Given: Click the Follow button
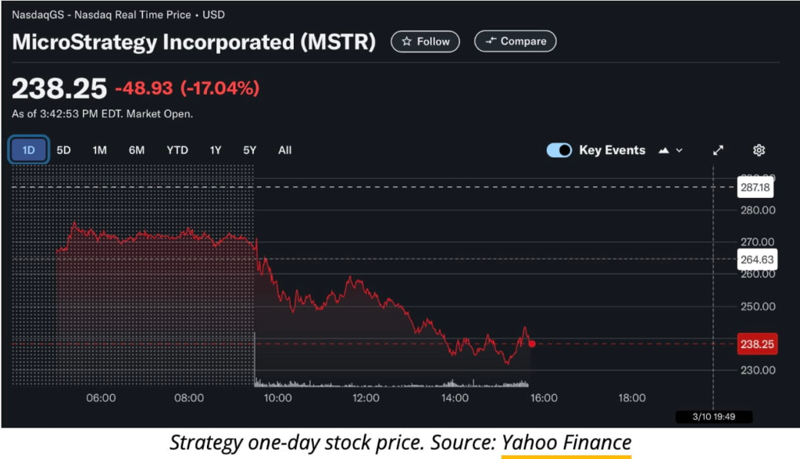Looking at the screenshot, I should pyautogui.click(x=425, y=41).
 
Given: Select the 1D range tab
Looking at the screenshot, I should pyautogui.click(x=29, y=150).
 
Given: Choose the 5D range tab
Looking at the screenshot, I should pyautogui.click(x=64, y=150).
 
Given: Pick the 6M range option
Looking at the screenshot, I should pyautogui.click(x=137, y=150).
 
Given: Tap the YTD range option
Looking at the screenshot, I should pyautogui.click(x=177, y=150).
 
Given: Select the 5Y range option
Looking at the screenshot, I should pyautogui.click(x=249, y=150).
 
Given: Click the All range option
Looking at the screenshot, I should pyautogui.click(x=285, y=150).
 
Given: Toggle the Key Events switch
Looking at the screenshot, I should pyautogui.click(x=559, y=150).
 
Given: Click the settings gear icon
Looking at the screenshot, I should pyautogui.click(x=759, y=150).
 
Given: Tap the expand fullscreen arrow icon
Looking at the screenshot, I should pyautogui.click(x=718, y=150).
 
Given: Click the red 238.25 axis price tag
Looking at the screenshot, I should pyautogui.click(x=756, y=344).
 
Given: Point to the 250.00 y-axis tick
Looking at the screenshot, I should pyautogui.click(x=758, y=306).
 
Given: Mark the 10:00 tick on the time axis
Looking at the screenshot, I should pyautogui.click(x=278, y=398).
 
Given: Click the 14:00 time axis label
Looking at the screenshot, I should pyautogui.click(x=455, y=398).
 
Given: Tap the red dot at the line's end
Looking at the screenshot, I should pyautogui.click(x=532, y=344).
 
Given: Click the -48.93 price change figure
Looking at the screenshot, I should pyautogui.click(x=145, y=88).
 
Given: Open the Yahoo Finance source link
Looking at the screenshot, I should pyautogui.click(x=566, y=443).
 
